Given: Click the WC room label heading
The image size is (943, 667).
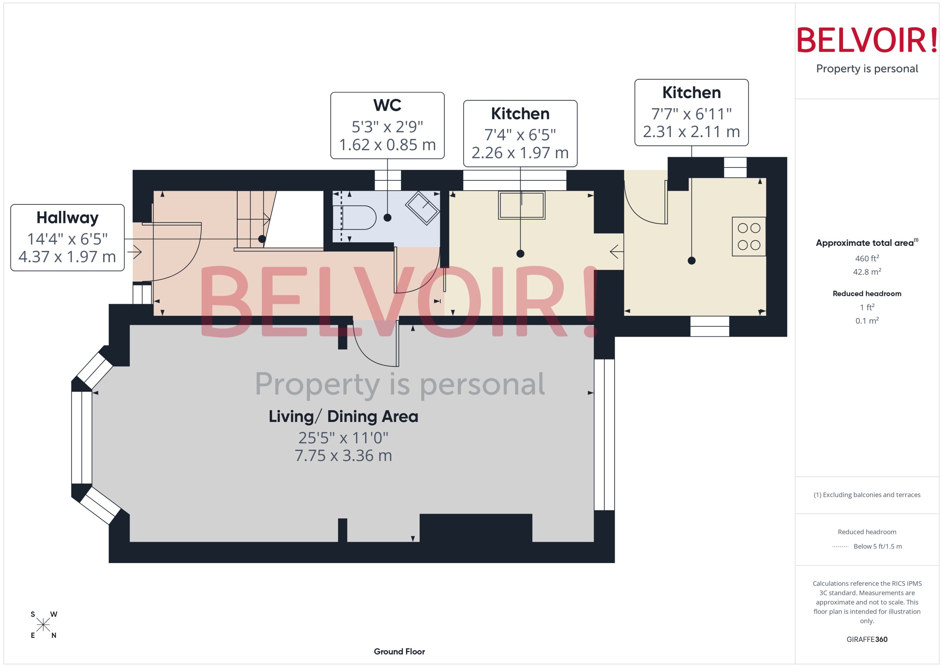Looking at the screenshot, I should (x=387, y=105).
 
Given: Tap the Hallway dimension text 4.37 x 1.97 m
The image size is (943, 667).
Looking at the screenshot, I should (x=67, y=257).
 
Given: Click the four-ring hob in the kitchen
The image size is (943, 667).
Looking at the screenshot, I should (x=749, y=237).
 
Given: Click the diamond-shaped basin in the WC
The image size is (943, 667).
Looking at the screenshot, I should (x=423, y=208).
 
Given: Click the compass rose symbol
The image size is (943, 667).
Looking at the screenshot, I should (x=43, y=625).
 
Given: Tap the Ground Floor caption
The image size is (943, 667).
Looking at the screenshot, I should (x=399, y=651).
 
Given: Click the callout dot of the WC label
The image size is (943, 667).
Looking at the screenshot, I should (x=387, y=218).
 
